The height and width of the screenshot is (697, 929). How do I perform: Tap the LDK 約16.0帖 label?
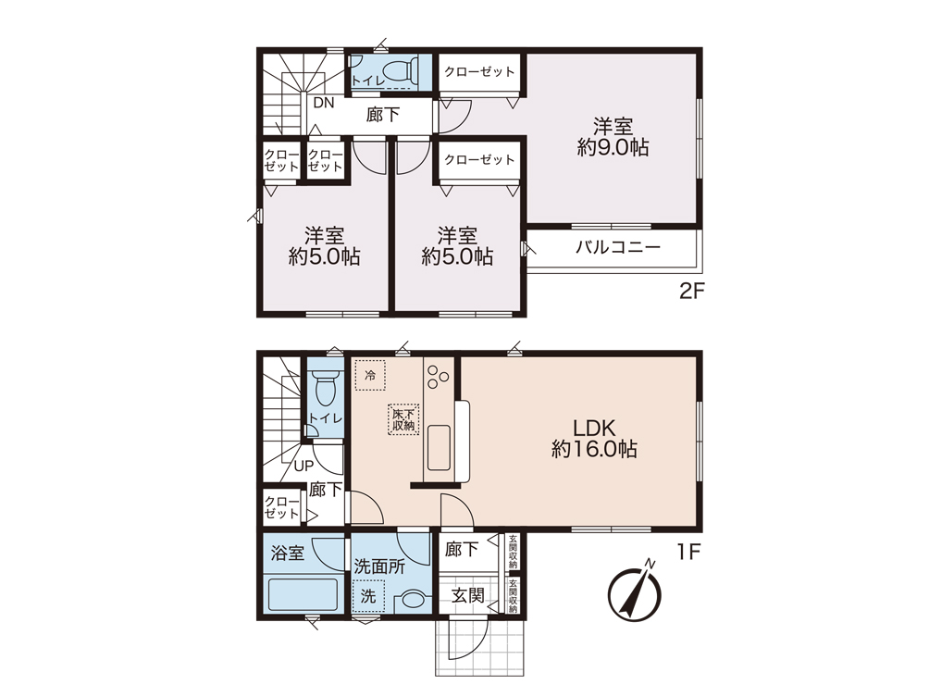(x=594, y=439)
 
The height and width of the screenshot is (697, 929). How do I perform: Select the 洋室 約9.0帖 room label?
(x=613, y=137)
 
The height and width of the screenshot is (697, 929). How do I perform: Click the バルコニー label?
(x=618, y=247)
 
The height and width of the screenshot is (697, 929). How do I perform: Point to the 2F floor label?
(x=691, y=291)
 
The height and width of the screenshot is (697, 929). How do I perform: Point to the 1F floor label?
(x=689, y=553)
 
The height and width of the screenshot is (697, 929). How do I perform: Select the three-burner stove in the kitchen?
(x=438, y=377)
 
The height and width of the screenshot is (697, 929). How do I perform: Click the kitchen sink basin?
(x=439, y=447)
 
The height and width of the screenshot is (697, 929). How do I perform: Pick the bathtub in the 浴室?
(x=303, y=594)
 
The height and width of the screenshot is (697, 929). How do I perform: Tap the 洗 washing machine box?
(x=369, y=596)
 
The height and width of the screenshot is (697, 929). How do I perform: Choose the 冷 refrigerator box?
(x=370, y=375)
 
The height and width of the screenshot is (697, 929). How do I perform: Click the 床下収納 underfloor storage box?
(x=403, y=419)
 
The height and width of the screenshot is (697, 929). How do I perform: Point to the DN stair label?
(x=324, y=103)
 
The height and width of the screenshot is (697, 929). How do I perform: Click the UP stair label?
(x=303, y=466)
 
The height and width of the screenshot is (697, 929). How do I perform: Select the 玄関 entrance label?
(x=468, y=594)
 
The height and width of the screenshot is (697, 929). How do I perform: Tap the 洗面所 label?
(x=379, y=566)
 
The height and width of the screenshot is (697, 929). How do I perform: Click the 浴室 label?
(x=288, y=553)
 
